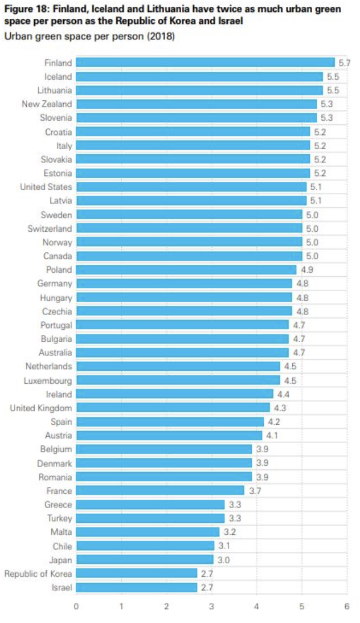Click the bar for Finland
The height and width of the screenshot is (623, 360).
[205, 63]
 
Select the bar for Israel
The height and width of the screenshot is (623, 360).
[137, 587]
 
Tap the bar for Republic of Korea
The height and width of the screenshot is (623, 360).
[137, 573]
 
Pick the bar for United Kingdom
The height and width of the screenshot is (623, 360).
[173, 408]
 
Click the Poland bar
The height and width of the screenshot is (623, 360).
[186, 270]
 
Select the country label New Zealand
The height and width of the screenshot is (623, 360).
[47, 104]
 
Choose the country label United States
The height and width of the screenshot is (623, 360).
[46, 187]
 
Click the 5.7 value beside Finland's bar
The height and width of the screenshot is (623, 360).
[343, 63]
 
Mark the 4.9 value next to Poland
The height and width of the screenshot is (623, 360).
[305, 270]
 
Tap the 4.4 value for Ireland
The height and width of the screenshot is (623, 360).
[283, 394]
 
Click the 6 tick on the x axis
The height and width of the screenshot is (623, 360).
[347, 607]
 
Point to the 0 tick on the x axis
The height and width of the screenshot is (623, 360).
[76, 607]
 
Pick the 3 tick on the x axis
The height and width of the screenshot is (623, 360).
[211, 607]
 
